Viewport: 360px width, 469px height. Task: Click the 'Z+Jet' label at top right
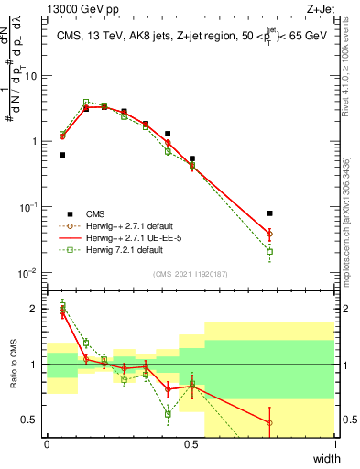[x=319, y=9]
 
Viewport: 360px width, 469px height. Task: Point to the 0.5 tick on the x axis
[x=191, y=444]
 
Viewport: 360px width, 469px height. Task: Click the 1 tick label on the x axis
[x=334, y=444]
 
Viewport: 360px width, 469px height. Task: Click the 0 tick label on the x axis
[x=47, y=444]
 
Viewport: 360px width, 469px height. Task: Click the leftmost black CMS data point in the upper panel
[x=62, y=155]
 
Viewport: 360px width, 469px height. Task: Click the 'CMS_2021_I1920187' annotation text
[x=191, y=274]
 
